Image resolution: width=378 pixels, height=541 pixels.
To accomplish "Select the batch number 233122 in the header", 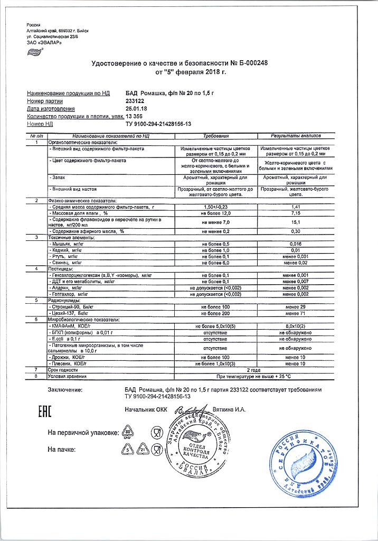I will click(x=135, y=100).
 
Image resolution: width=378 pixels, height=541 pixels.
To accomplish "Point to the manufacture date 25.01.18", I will click(x=136, y=108).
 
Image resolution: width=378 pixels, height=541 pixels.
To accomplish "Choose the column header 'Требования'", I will click(x=216, y=136).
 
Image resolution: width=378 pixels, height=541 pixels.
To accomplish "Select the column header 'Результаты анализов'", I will click(x=296, y=136).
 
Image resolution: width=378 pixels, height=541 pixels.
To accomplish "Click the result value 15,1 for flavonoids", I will click(x=296, y=222).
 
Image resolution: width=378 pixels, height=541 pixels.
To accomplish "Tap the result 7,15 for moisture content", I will click(x=296, y=213).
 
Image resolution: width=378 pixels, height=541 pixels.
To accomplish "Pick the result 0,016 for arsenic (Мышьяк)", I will click(x=296, y=244).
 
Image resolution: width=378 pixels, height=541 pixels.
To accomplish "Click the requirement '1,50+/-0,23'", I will click(x=216, y=207).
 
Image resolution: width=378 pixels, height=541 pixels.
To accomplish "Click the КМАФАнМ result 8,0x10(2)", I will click(x=296, y=328).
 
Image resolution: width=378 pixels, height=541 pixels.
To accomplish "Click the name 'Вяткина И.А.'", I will click(x=231, y=409).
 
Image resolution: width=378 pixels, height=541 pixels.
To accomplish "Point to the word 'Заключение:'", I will click(x=65, y=389).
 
